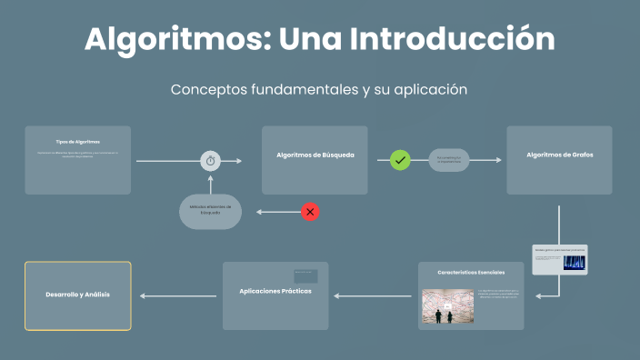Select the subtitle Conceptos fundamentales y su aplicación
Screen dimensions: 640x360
click(319, 90)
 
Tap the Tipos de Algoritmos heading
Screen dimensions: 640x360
click(77, 142)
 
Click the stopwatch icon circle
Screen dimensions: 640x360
click(211, 161)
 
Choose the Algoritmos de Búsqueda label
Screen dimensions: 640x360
click(315, 155)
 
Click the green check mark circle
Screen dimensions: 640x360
click(400, 160)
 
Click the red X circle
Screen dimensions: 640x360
click(310, 212)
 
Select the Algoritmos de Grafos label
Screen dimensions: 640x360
click(559, 155)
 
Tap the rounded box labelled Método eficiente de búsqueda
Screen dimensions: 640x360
click(210, 211)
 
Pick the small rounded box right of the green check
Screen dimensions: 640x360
click(449, 160)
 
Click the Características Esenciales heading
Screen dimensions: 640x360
click(470, 273)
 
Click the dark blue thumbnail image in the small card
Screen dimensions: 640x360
click(574, 263)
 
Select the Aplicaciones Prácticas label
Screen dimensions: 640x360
click(275, 291)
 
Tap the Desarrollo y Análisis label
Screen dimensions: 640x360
click(77, 295)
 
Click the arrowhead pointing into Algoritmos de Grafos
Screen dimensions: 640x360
click(497, 160)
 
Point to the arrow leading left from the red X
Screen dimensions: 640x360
click(277, 212)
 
